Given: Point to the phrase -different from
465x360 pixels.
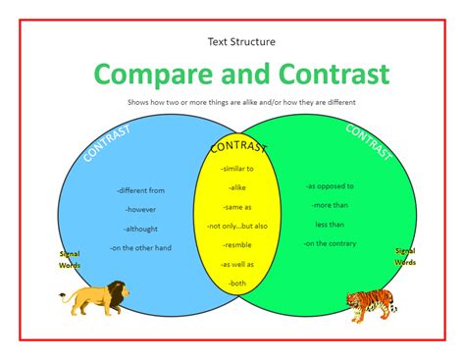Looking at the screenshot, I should [x=140, y=190].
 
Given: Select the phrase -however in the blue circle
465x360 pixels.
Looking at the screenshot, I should [x=140, y=209].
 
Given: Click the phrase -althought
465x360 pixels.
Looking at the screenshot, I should [x=140, y=228].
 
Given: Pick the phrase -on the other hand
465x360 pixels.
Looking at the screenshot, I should [x=140, y=247].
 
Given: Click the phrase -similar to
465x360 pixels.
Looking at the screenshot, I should [x=238, y=170].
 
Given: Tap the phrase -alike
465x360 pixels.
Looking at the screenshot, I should [x=238, y=188].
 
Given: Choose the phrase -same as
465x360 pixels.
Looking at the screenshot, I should [x=238, y=207].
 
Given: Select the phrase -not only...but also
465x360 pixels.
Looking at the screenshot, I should [x=238, y=226].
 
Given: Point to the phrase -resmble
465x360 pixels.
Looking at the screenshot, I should [x=238, y=245].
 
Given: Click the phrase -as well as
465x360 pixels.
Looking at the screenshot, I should [x=238, y=264].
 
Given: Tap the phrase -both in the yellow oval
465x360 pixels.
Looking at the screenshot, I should [x=238, y=283].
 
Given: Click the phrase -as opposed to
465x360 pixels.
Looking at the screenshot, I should [x=330, y=185].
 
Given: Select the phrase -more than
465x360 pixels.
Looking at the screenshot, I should [x=330, y=204].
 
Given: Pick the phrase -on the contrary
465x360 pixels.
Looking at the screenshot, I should [x=330, y=242].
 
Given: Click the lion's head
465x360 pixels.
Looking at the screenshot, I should [x=117, y=291].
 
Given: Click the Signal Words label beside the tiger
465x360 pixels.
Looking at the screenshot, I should [x=405, y=257].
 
